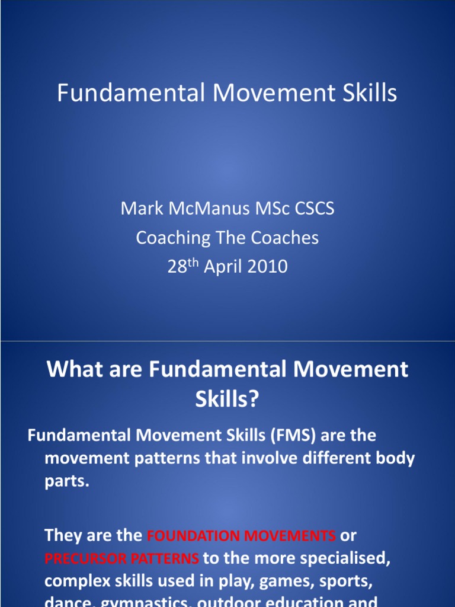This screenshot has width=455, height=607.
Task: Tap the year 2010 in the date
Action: (267, 267)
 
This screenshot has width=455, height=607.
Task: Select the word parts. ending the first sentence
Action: (66, 481)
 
